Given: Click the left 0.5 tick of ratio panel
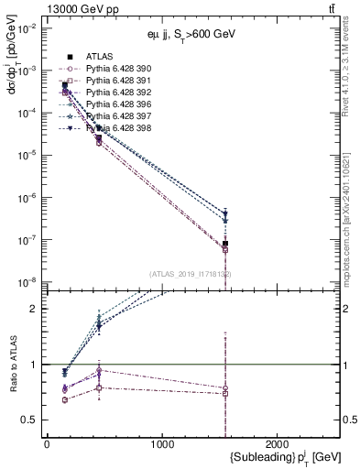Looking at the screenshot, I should pyautogui.click(x=31, y=420).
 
